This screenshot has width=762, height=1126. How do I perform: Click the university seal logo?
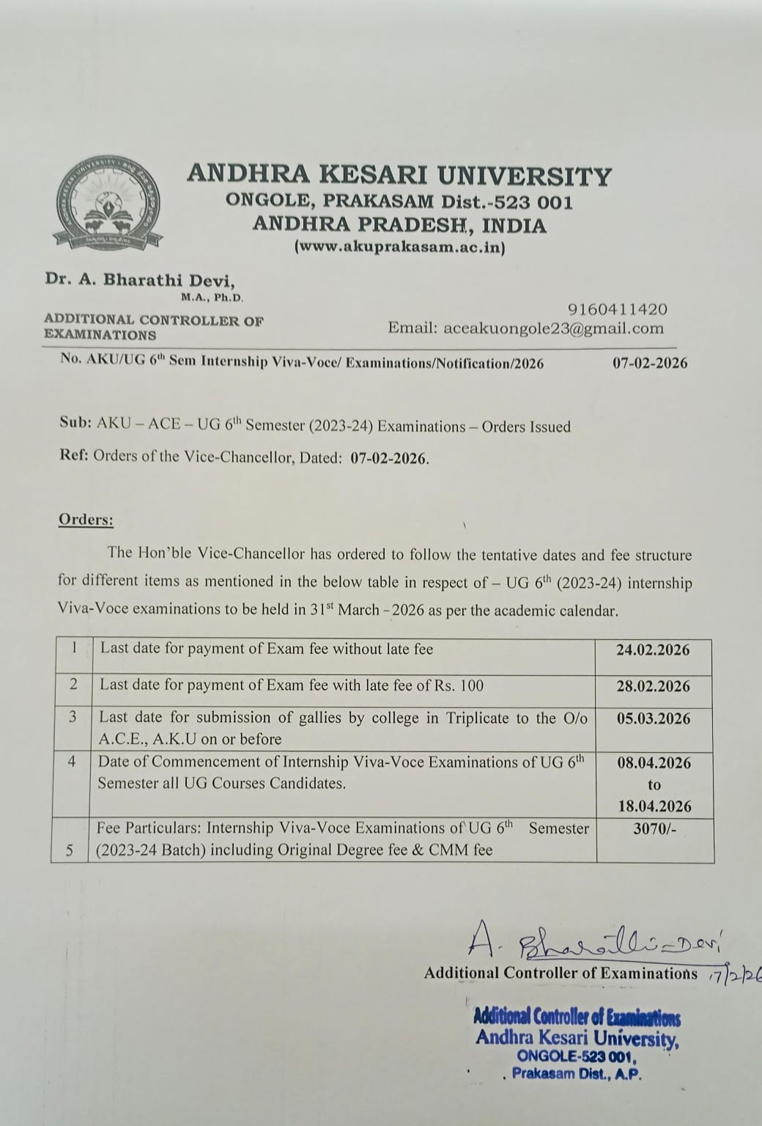[x=107, y=202]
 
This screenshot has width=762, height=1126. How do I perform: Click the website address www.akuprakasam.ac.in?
[x=399, y=247]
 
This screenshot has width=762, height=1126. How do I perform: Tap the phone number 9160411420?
[x=617, y=309]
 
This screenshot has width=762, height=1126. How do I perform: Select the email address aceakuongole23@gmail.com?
[x=553, y=328]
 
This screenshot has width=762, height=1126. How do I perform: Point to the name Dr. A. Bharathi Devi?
[x=140, y=279]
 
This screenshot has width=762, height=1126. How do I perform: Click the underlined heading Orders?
[x=86, y=520]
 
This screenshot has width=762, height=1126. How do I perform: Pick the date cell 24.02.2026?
[x=653, y=650]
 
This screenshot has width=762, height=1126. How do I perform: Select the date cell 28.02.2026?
[x=653, y=686]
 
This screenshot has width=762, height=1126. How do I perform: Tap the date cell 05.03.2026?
[x=653, y=718]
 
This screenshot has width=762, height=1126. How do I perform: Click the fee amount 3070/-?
[x=654, y=828]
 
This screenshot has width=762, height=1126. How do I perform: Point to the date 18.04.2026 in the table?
[x=654, y=806]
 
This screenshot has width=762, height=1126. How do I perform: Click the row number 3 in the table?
[x=73, y=717]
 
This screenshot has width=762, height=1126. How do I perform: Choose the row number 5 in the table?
[x=70, y=850]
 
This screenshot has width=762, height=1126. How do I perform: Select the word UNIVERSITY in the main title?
[x=524, y=176]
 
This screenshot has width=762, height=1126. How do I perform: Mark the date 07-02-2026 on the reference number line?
[x=650, y=362]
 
